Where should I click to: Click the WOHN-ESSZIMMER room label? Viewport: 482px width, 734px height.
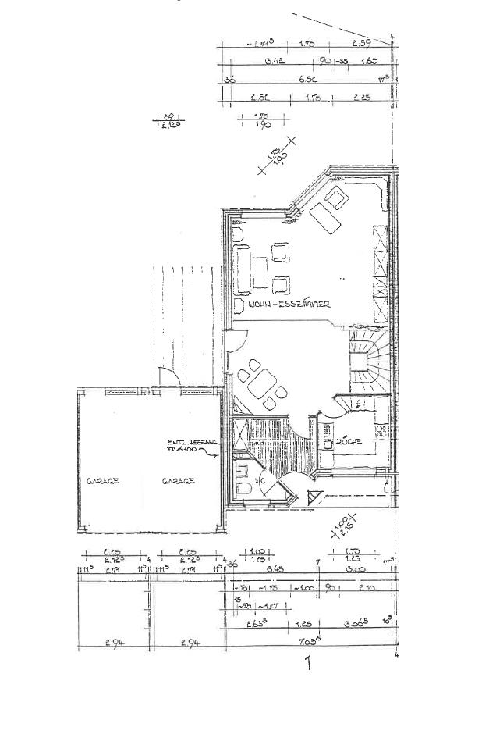click(289, 305)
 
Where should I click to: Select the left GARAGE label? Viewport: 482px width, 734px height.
click(103, 481)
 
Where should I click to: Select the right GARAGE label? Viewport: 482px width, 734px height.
click(178, 481)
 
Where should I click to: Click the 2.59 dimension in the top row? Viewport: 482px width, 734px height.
click(361, 42)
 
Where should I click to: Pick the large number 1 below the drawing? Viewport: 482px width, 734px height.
click(309, 665)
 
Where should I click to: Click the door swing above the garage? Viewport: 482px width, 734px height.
click(166, 376)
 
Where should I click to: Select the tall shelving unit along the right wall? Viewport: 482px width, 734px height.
click(380, 273)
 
